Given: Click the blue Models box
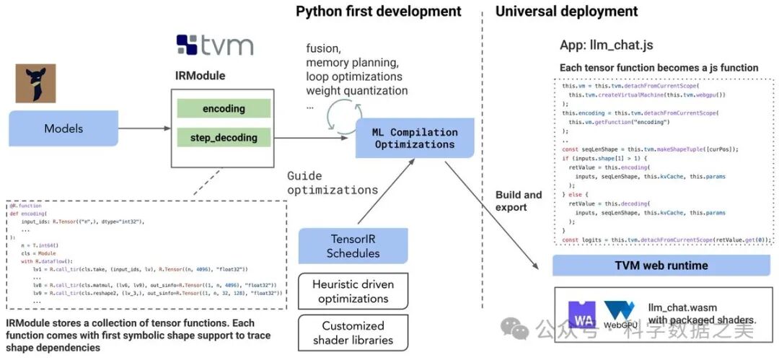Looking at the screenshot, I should click(63, 129).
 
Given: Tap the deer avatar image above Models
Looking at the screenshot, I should click(35, 83).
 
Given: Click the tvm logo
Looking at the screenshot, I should click(214, 45).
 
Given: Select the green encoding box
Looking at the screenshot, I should click(224, 109).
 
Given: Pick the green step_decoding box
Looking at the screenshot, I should click(224, 137).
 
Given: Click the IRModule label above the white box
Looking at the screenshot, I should click(201, 75).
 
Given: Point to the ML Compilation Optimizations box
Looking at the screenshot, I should click(415, 139).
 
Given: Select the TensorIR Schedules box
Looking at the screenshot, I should click(353, 246).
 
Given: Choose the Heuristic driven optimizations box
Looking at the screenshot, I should click(353, 291).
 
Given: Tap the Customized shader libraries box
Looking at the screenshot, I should click(353, 333).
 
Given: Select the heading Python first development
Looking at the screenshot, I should click(379, 12).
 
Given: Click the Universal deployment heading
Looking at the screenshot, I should click(566, 12).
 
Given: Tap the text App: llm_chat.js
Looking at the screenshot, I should click(606, 45).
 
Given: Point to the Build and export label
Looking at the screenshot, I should click(519, 201).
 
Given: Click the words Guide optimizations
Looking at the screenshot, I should click(333, 183).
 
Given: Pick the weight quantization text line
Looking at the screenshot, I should click(356, 91).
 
